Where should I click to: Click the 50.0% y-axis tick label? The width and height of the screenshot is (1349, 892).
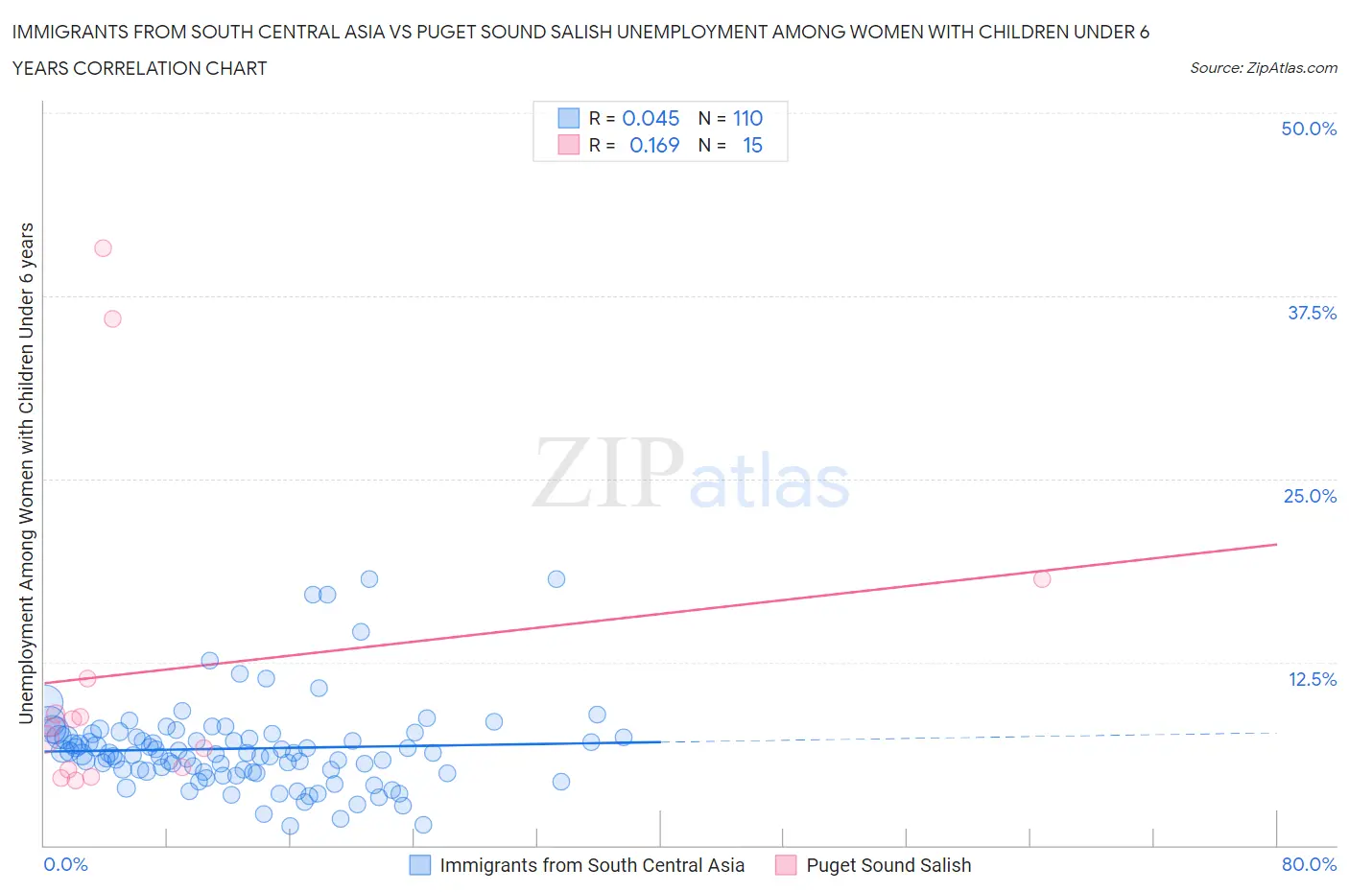click(x=1309, y=129)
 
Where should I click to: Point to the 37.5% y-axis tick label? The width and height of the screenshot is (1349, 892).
click(x=1312, y=313)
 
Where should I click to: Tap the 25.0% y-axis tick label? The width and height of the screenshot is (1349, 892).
click(x=1310, y=496)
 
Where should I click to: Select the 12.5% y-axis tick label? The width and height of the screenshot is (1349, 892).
click(x=1312, y=679)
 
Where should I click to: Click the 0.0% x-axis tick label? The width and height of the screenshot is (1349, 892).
click(x=65, y=864)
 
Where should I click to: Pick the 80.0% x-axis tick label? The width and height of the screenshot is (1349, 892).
click(x=1309, y=864)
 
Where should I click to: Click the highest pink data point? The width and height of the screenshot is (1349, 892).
click(x=103, y=248)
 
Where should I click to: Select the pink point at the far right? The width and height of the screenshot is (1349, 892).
click(x=1042, y=578)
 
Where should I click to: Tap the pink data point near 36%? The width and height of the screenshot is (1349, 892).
click(x=112, y=318)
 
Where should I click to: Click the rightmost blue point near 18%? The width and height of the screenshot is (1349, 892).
click(x=556, y=578)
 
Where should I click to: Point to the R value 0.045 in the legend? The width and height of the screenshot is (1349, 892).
click(x=651, y=118)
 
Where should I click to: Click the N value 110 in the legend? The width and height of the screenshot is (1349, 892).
click(x=747, y=118)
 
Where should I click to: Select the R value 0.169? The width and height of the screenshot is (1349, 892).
click(x=653, y=145)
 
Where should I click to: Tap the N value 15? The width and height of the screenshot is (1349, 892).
click(x=752, y=145)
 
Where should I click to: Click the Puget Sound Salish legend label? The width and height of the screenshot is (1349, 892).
click(x=888, y=865)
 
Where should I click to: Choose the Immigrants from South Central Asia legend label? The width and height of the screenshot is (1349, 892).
click(x=592, y=865)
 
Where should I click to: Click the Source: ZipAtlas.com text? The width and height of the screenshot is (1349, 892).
click(x=1263, y=68)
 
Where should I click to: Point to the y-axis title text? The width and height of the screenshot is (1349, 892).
click(x=27, y=472)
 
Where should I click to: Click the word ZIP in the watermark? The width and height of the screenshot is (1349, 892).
click(x=607, y=473)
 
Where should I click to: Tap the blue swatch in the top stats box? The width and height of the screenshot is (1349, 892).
click(x=569, y=118)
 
